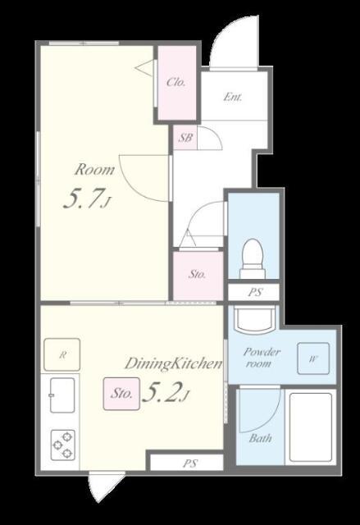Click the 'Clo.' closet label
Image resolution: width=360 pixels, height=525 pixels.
176,82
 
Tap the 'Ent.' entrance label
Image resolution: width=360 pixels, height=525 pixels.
233,97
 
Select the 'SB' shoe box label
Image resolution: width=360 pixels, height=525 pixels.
185,137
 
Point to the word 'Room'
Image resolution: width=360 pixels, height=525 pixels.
94,170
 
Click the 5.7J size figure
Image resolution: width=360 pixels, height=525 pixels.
87,199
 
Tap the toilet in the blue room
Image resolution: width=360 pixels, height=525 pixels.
253,258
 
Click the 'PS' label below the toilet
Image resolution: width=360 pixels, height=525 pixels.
254,292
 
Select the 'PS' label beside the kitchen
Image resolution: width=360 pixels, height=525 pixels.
190,463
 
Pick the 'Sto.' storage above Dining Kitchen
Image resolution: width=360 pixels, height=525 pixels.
197,274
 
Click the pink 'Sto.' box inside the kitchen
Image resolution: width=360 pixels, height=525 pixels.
121,394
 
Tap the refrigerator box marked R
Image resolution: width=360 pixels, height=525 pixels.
62,354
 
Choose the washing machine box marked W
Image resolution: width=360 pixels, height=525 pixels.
313,358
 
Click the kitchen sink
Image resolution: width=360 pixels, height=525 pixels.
62,395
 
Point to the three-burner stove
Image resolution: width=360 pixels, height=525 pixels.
63,445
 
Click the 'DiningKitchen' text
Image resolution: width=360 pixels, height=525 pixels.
173,364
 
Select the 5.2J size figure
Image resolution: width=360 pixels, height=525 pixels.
166,392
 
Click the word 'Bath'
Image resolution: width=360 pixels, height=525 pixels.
260,438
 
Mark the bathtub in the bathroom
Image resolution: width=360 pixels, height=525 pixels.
311,427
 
